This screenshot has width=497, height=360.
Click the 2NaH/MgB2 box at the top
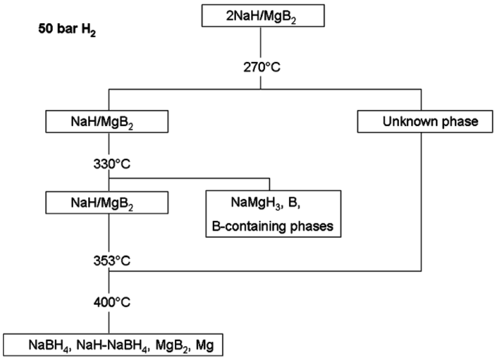pyautogui.click(x=263, y=16)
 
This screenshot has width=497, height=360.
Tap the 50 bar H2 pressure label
pyautogui.click(x=67, y=30)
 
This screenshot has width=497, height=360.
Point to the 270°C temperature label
pyautogui.click(x=262, y=67)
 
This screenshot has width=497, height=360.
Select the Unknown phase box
pyautogui.click(x=425, y=121)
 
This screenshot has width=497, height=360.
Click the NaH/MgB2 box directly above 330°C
pyautogui.click(x=107, y=121)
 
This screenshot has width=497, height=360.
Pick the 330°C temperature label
pyautogui.click(x=112, y=164)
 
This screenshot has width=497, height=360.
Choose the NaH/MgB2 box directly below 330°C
pyautogui.click(x=107, y=203)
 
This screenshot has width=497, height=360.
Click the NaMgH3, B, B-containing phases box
pyautogui.click(x=273, y=214)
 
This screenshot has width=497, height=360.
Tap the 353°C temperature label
pyautogui.click(x=112, y=261)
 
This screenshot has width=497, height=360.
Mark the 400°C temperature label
pyautogui.click(x=112, y=302)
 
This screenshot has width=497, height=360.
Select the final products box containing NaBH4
pyautogui.click(x=113, y=345)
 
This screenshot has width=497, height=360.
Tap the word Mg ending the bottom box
pyautogui.click(x=205, y=345)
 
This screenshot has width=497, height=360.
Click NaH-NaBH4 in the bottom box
pyautogui.click(x=113, y=345)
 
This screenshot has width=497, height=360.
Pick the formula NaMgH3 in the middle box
pyautogui.click(x=256, y=203)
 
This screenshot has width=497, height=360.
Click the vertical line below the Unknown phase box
pyautogui.click(x=421, y=202)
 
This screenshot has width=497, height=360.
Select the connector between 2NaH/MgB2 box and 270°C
pyautogui.click(x=261, y=44)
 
